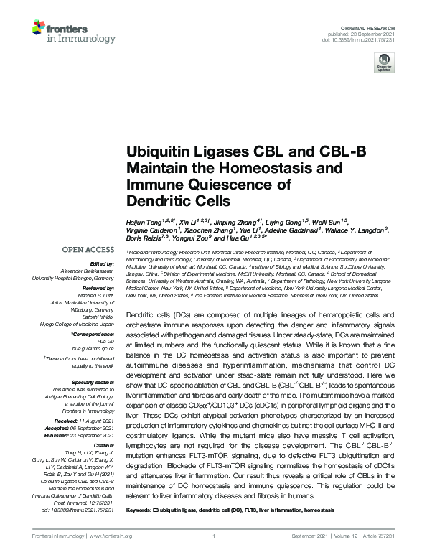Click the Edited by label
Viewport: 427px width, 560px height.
tap(102, 264)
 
